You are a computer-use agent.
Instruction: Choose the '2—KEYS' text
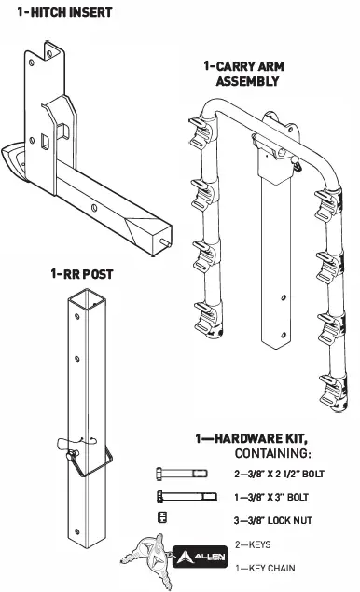tap(247, 544)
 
